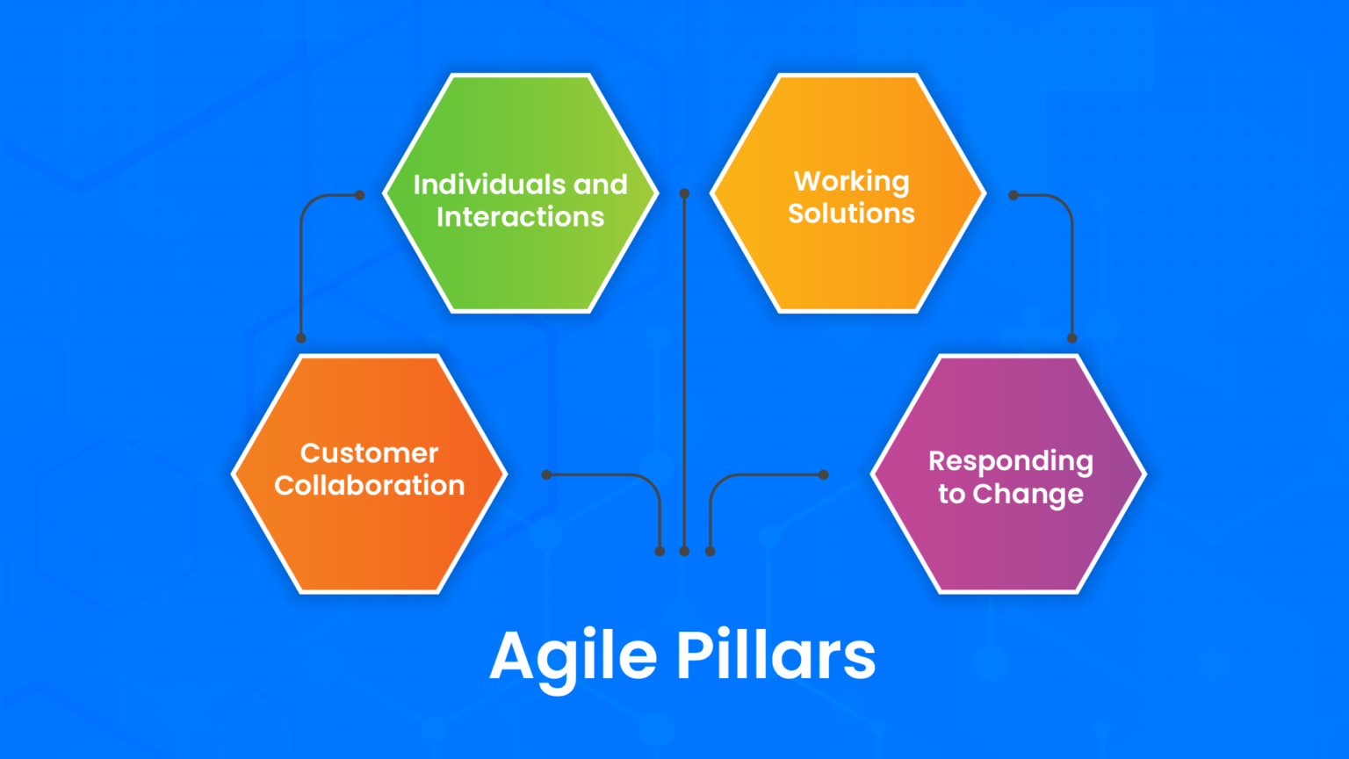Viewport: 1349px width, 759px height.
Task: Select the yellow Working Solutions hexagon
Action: click(848, 264)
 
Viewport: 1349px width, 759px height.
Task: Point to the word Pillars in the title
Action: click(776, 655)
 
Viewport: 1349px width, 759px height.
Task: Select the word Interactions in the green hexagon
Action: click(520, 217)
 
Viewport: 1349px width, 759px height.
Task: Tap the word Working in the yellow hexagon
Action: click(851, 181)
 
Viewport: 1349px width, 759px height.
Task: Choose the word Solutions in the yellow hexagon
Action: click(851, 213)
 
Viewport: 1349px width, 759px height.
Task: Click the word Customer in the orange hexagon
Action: click(369, 453)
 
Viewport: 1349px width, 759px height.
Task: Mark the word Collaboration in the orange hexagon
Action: click(369, 486)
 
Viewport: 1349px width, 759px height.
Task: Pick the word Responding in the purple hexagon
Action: click(1010, 462)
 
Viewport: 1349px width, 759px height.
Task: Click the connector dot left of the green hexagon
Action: click(359, 195)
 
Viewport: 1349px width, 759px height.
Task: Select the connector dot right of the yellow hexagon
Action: click(1014, 195)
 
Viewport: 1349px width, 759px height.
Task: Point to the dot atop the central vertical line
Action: click(684, 193)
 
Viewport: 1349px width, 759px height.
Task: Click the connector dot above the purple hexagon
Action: click(1071, 338)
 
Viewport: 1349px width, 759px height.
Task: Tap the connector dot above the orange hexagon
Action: click(301, 338)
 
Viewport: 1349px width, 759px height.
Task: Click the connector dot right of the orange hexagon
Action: click(546, 474)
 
